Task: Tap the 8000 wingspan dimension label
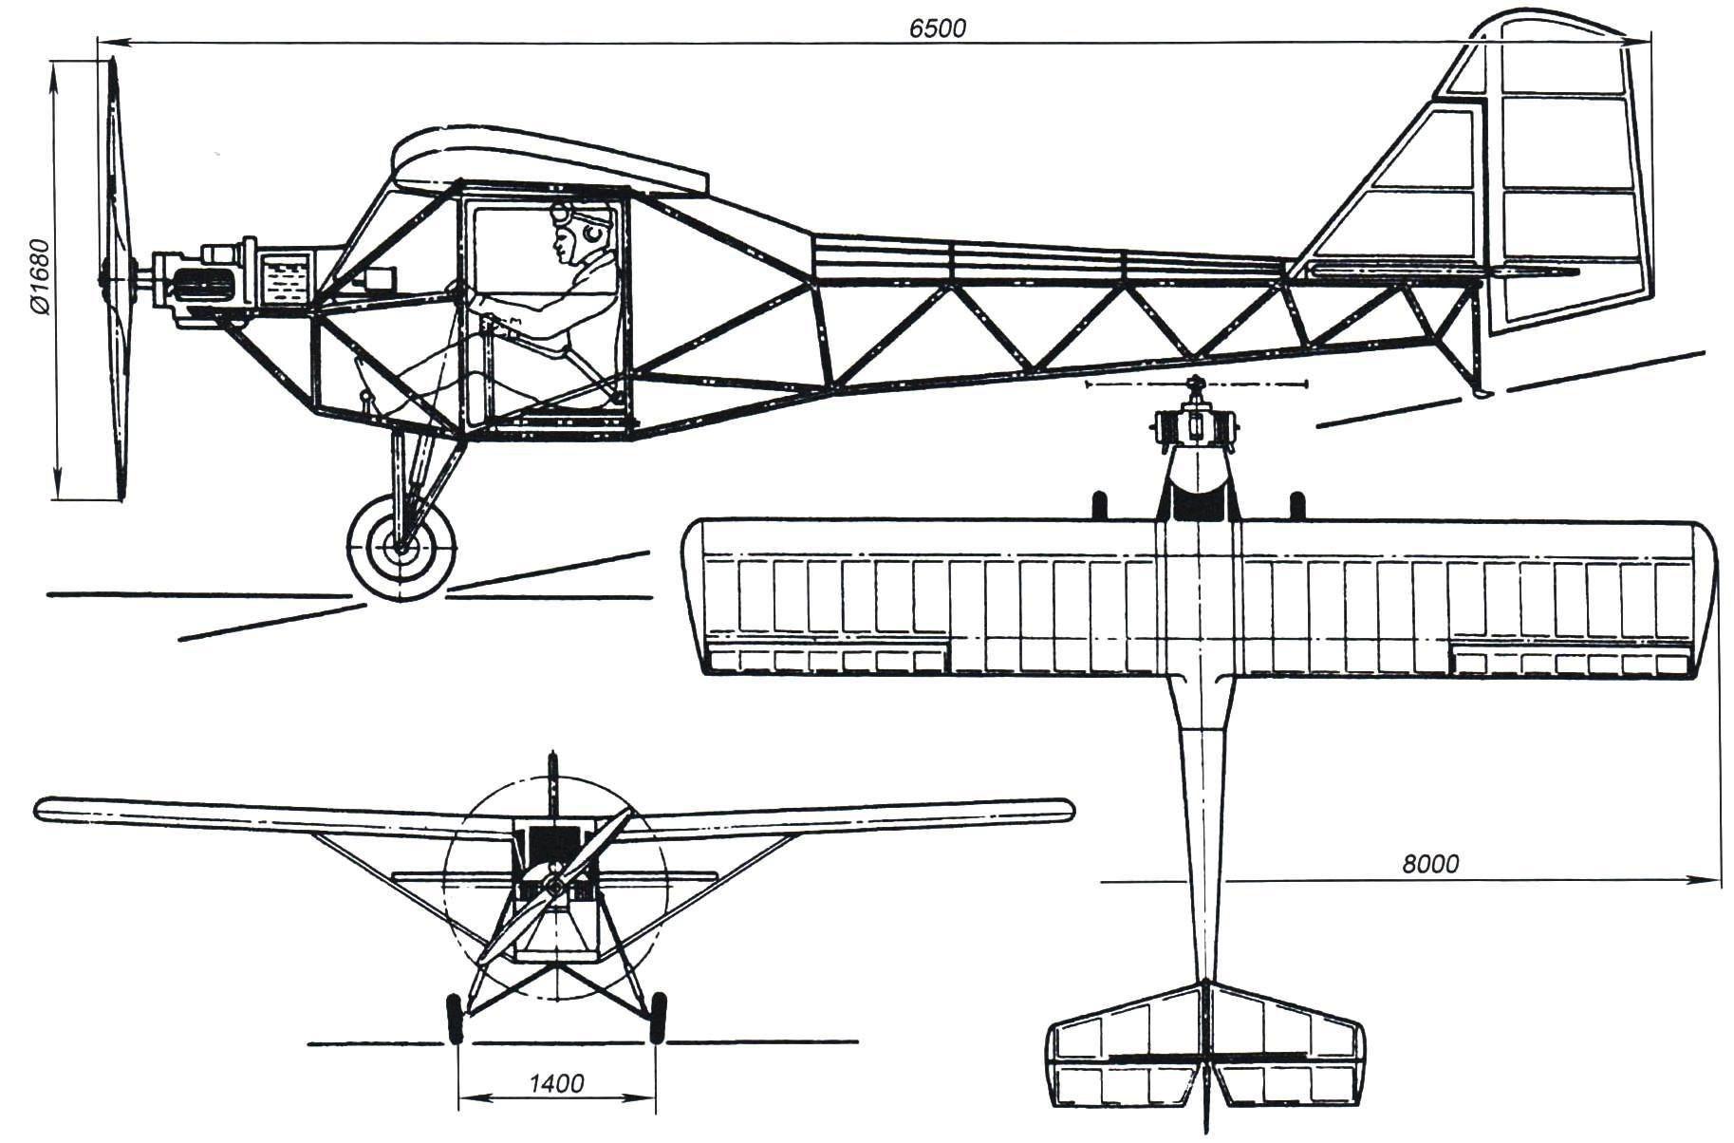pos(1429,864)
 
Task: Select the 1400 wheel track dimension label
pos(556,1083)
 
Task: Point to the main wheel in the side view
pos(401,546)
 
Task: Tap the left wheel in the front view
pos(455,1016)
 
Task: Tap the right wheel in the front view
pos(657,1016)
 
